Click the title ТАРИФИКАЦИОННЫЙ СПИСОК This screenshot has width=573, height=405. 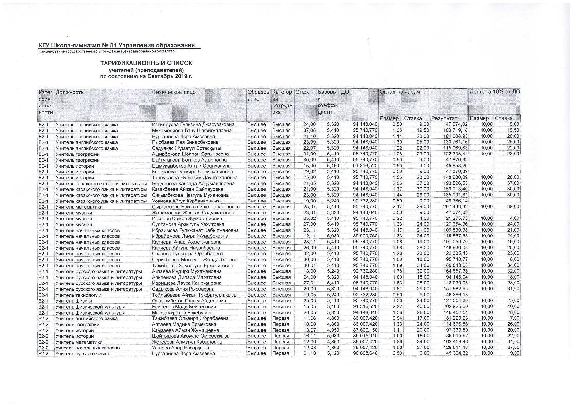pyautogui.click(x=146, y=63)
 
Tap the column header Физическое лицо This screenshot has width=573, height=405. pyautogui.click(x=174, y=92)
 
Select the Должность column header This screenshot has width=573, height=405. pyautogui.click(x=70, y=92)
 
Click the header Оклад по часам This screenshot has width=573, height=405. pyautogui.click(x=400, y=92)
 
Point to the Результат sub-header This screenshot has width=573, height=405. pyautogui.click(x=444, y=118)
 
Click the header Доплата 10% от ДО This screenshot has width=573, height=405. pyautogui.click(x=495, y=92)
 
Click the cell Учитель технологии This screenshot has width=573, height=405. pyautogui.click(x=78, y=295)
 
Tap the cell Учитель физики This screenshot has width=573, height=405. pyautogui.click(x=74, y=301)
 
